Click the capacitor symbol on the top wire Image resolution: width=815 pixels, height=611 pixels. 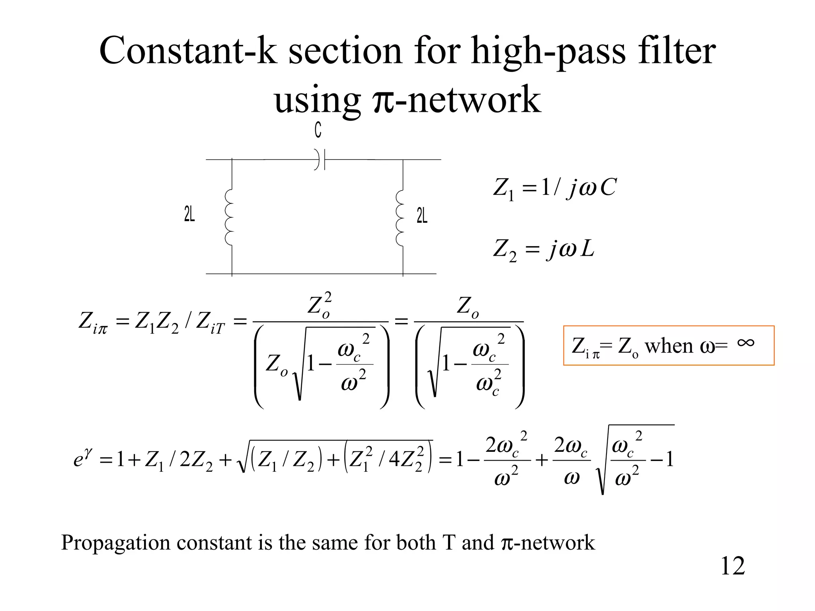pyautogui.click(x=320, y=160)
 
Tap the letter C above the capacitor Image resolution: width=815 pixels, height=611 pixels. pyautogui.click(x=318, y=130)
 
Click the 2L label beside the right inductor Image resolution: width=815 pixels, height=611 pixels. pyautogui.click(x=422, y=216)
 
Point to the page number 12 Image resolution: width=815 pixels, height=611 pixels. pyautogui.click(x=733, y=565)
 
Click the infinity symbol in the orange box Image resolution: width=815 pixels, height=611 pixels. pyautogui.click(x=745, y=342)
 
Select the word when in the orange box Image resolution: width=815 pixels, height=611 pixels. pyautogui.click(x=669, y=346)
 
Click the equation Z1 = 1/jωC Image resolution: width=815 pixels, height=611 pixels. pyautogui.click(x=555, y=188)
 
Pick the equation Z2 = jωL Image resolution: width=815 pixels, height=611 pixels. pyautogui.click(x=544, y=250)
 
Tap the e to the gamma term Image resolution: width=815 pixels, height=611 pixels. pyautogui.click(x=83, y=458)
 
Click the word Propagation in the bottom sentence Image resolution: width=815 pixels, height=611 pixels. pyautogui.click(x=115, y=543)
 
